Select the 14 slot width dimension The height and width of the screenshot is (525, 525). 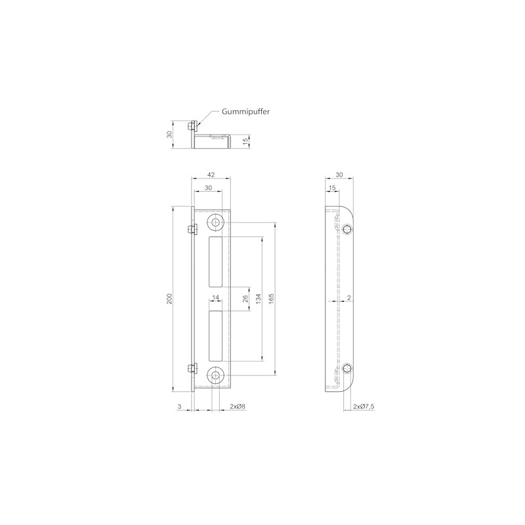click(x=215, y=298)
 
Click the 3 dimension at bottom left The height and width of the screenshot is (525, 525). click(x=179, y=407)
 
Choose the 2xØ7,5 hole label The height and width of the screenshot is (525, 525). click(x=364, y=407)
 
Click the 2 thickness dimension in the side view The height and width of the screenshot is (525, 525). click(x=348, y=299)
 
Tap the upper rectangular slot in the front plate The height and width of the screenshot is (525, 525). click(x=215, y=262)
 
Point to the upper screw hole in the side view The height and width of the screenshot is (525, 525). click(x=346, y=228)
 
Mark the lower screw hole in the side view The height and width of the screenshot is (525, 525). click(x=346, y=369)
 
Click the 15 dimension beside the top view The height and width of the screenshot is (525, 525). click(x=245, y=141)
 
